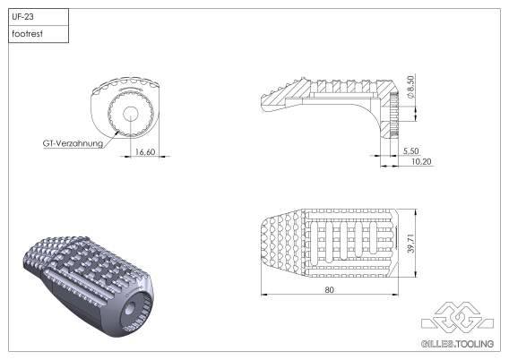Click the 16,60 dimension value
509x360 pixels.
click(146, 152)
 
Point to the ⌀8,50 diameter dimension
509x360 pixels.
click(411, 88)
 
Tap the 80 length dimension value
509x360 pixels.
click(331, 291)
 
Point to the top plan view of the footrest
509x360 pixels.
click(331, 243)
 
